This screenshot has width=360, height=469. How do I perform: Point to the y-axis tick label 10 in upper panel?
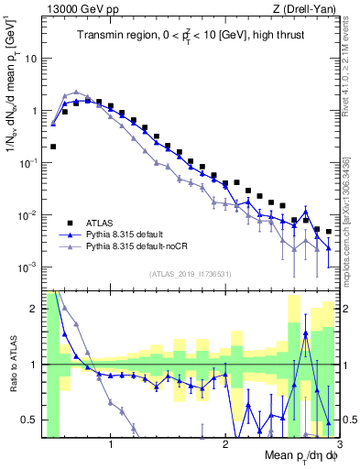[x=31, y=58]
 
